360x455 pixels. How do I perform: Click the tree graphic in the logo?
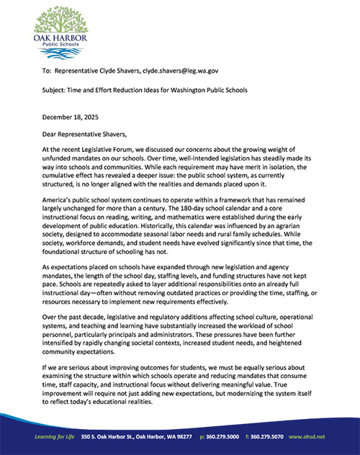coord(59,22)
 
